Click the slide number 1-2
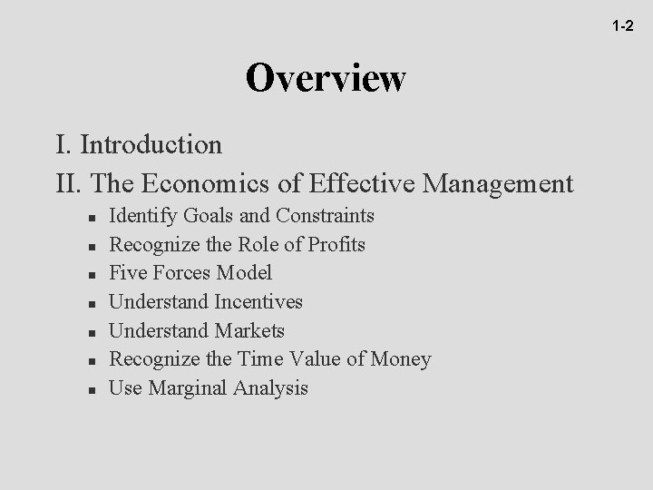621,27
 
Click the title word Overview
326,79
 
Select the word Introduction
151,144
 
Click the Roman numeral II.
65,184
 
